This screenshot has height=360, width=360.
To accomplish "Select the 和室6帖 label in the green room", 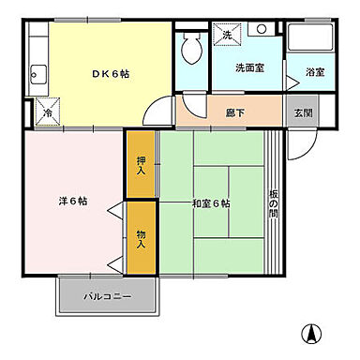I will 211,203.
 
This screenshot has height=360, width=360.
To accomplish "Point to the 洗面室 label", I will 247,68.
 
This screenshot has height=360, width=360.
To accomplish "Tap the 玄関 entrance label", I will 301,112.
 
